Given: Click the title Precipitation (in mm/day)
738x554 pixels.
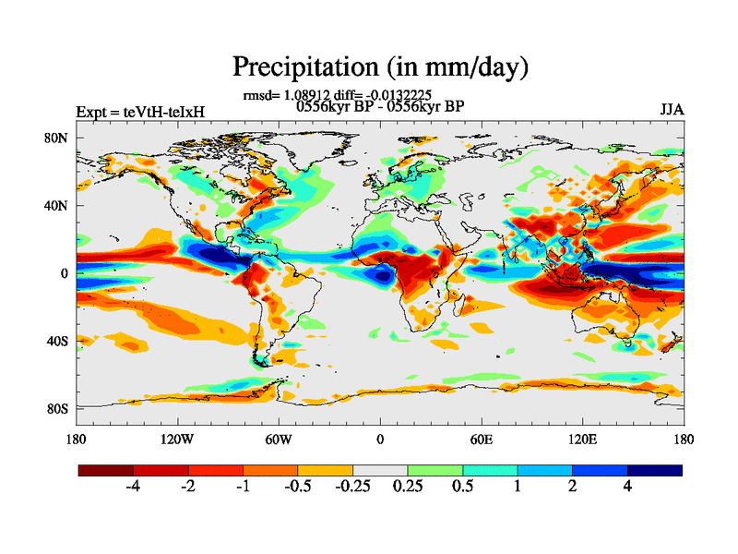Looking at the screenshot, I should pyautogui.click(x=380, y=67).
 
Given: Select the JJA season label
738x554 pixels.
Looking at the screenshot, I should pyautogui.click(x=672, y=109).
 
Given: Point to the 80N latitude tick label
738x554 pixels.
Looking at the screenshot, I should pyautogui.click(x=58, y=138).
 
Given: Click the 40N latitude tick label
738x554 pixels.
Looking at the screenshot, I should pyautogui.click(x=58, y=206).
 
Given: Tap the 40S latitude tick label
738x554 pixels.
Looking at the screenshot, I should pyautogui.click(x=58, y=341).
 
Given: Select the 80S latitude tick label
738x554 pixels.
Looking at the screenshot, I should pyautogui.click(x=58, y=408).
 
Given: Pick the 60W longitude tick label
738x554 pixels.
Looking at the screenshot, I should pyautogui.click(x=279, y=440).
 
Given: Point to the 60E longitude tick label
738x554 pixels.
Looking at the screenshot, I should pyautogui.click(x=481, y=440).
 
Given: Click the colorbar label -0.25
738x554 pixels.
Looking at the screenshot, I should pyautogui.click(x=351, y=488).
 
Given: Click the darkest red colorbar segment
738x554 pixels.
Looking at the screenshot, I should pyautogui.click(x=106, y=470).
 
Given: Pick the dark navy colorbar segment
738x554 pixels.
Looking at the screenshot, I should pyautogui.click(x=655, y=470).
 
